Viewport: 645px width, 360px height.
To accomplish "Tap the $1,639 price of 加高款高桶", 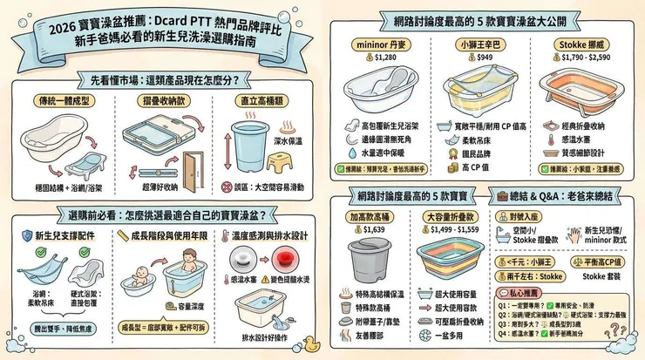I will [370, 229].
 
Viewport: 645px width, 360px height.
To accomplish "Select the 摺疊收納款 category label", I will [162, 101].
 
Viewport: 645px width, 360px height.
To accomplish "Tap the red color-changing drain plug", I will [282, 256].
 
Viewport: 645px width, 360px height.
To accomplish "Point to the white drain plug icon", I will [241, 256].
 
